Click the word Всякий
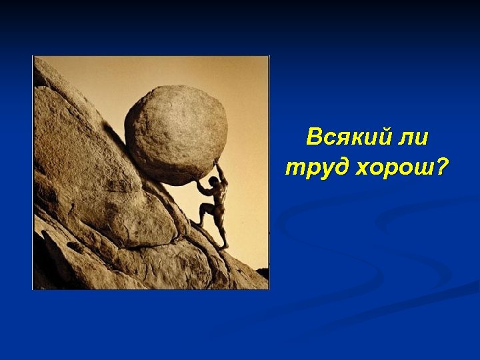(x=347, y=138)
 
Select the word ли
(x=413, y=138)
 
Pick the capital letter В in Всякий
(x=314, y=138)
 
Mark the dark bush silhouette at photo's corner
(x=262, y=273)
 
